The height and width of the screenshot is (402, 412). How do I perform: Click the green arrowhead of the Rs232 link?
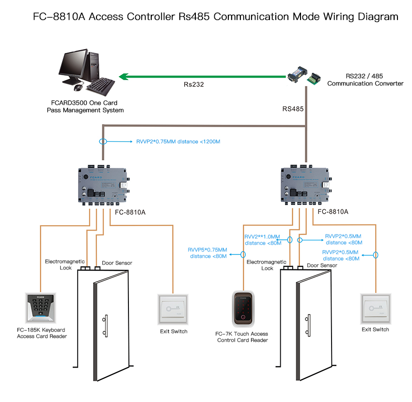[x=124, y=76]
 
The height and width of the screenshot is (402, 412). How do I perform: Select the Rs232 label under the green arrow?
[x=193, y=84]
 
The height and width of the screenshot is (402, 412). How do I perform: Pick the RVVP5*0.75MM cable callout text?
[x=208, y=253]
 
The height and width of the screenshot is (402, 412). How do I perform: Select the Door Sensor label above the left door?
[x=117, y=263]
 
